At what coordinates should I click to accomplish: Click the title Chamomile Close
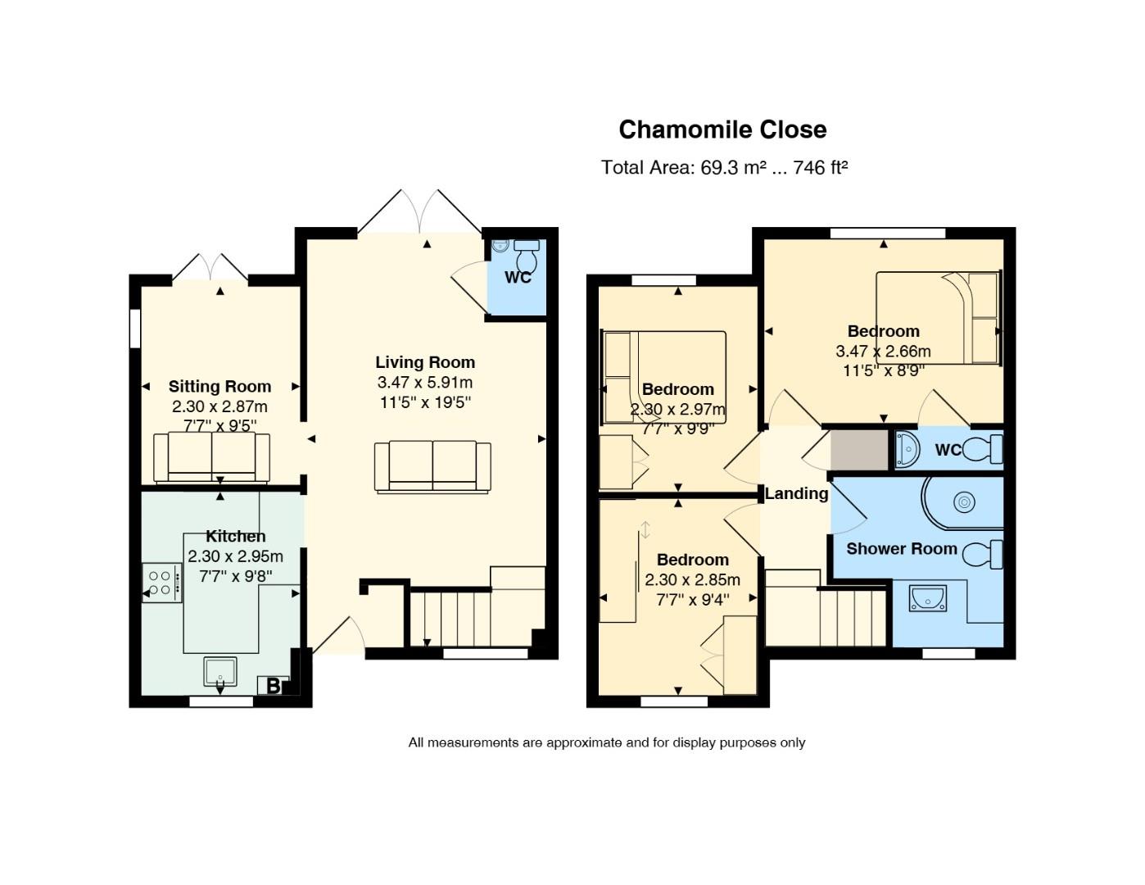click(722, 129)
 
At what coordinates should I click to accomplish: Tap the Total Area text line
click(724, 168)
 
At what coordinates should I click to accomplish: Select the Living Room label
click(425, 362)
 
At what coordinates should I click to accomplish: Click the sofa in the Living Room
click(432, 467)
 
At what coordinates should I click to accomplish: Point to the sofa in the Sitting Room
click(212, 457)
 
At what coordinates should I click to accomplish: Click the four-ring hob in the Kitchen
click(162, 583)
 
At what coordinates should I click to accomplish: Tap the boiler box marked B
click(273, 686)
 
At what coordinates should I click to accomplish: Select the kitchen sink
click(219, 671)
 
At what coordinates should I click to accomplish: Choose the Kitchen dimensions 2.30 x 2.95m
click(235, 556)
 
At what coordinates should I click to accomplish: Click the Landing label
click(796, 493)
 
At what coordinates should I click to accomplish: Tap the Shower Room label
click(902, 549)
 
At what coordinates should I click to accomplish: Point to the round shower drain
click(964, 502)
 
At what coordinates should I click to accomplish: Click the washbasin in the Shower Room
click(928, 599)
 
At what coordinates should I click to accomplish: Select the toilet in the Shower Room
click(983, 555)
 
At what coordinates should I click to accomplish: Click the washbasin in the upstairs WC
click(907, 450)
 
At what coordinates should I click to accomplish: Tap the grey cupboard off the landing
click(859, 450)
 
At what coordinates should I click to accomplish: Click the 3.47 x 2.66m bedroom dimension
click(883, 351)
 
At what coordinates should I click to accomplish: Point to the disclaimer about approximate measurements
click(606, 742)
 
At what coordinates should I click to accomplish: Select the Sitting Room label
click(219, 386)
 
